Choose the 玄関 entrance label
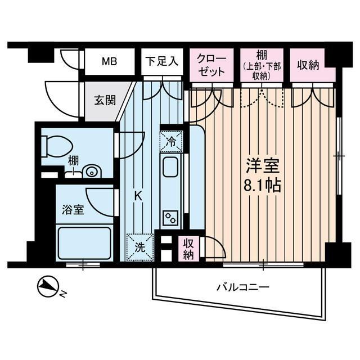(x=105, y=101)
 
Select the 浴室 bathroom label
(x=73, y=210)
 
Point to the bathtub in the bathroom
(x=84, y=242)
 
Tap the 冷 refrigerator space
(x=171, y=141)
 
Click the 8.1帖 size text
(x=263, y=185)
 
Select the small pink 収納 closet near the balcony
(x=188, y=248)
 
